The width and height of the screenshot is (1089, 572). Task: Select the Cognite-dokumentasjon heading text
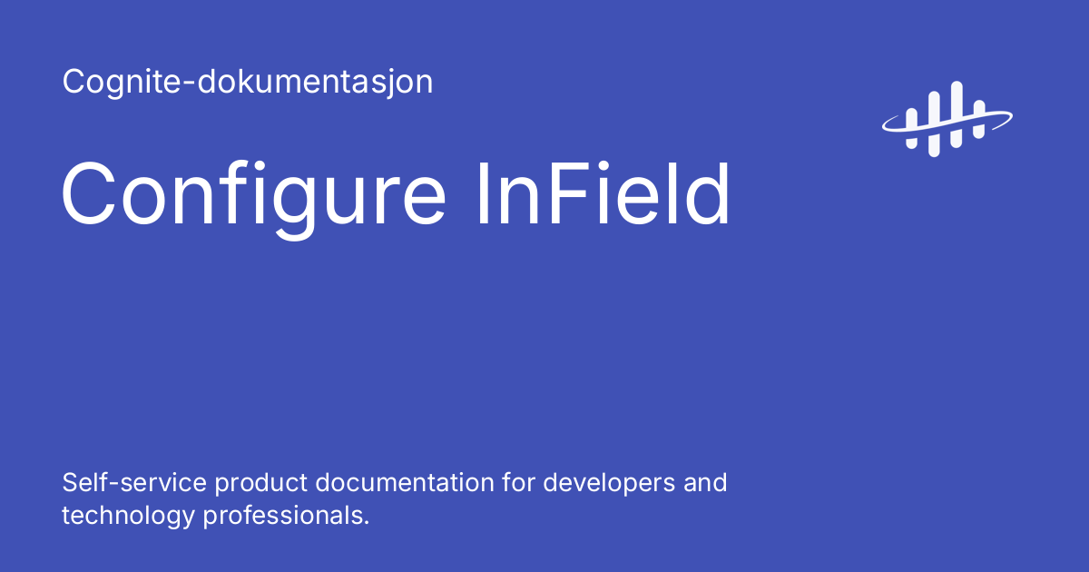[x=248, y=83]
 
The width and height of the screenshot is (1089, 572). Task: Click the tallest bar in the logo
[x=955, y=113]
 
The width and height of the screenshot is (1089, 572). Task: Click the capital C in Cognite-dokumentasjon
[x=74, y=83]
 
